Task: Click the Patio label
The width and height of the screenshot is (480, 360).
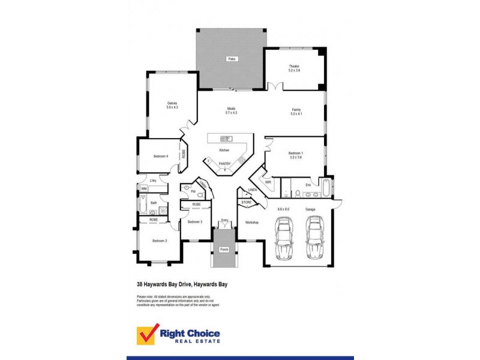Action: [x=231, y=59]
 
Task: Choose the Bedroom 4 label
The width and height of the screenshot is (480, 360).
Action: [x=161, y=157]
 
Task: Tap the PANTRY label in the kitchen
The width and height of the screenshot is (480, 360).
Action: [x=224, y=164]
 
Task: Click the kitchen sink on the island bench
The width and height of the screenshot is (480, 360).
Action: [x=229, y=139]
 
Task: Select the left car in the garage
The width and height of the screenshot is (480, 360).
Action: [x=284, y=238]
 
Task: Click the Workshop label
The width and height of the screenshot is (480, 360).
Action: [x=251, y=223]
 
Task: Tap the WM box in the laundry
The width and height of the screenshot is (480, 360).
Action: [x=143, y=188]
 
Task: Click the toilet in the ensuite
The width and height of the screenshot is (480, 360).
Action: [x=298, y=193]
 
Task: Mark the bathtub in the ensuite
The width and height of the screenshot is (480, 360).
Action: [x=325, y=188]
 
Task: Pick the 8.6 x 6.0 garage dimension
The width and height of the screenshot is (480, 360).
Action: [x=283, y=209]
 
